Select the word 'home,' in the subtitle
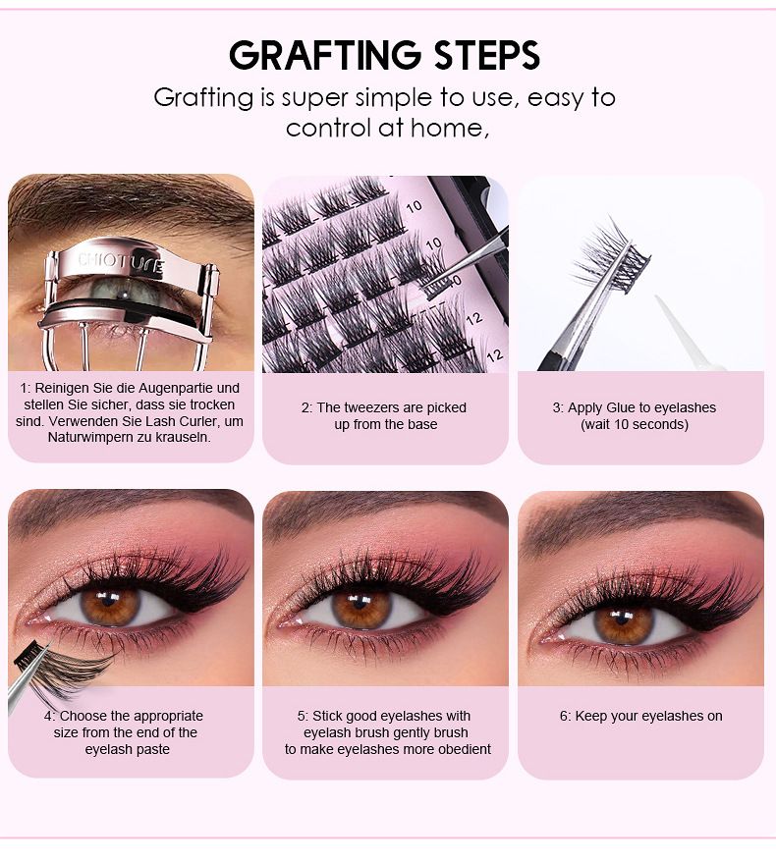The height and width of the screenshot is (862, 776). [456, 128]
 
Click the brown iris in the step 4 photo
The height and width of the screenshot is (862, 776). [110, 606]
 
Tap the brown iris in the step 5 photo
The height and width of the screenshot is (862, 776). [361, 607]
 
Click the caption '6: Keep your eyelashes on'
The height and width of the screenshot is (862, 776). [640, 716]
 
